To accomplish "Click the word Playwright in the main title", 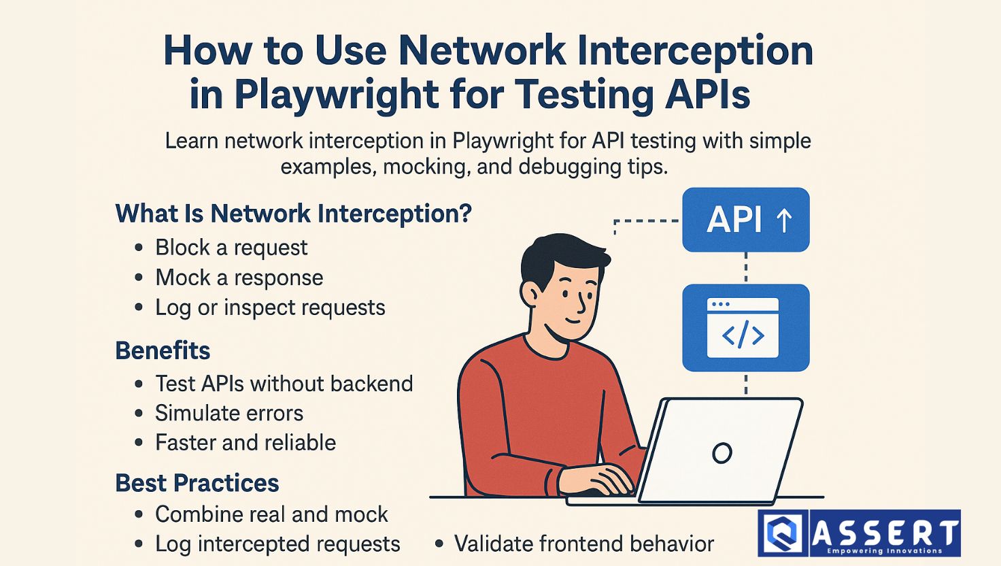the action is click(336, 95).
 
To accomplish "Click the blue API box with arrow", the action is click(746, 220).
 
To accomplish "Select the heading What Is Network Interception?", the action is click(294, 213).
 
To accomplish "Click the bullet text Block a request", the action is click(231, 248).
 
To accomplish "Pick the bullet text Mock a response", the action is click(239, 278).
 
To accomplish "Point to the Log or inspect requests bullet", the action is click(270, 307).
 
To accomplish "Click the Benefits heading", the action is click(163, 350).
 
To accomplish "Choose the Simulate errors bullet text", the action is click(228, 413).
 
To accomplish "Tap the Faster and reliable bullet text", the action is click(245, 443).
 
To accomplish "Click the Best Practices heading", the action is click(197, 483).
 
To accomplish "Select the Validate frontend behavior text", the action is click(584, 544).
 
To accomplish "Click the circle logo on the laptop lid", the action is click(722, 453).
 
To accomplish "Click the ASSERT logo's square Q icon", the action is click(783, 533).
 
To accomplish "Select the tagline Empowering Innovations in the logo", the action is click(884, 550).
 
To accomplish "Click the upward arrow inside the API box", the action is click(784, 220).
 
